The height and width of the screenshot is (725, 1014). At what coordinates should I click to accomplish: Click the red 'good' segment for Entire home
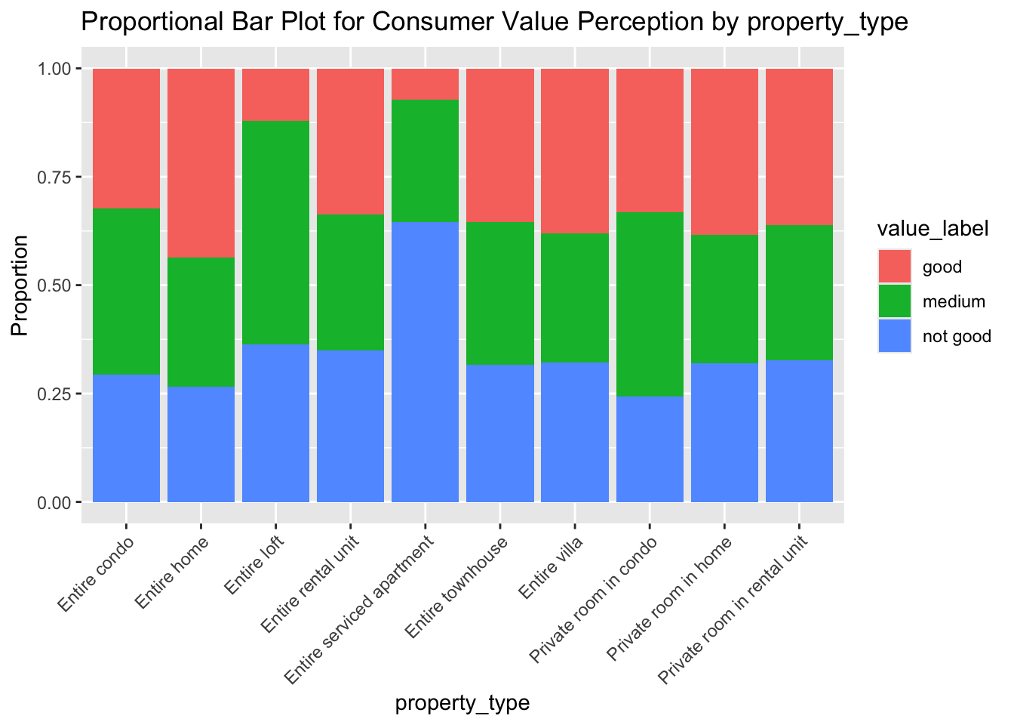coord(201,162)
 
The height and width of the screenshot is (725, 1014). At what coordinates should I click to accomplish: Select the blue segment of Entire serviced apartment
coord(425,361)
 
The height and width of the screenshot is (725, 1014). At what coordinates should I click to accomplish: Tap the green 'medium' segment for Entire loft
coord(275,232)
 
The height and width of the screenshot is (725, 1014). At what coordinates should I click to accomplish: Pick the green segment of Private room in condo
coord(650,304)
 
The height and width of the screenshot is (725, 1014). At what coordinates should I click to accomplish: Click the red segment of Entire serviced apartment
coord(425,83)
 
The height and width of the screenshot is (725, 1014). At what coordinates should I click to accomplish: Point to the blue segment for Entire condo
coord(126,437)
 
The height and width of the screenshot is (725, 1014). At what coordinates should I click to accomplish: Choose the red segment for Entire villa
coord(575,150)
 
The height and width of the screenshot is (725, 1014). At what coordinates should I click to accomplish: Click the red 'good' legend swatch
coord(894,267)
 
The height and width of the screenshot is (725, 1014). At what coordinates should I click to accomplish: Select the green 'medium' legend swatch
coord(894,301)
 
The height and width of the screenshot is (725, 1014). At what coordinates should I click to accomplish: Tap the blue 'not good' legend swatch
coord(894,336)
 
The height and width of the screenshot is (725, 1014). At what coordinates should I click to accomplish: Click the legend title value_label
coord(932,230)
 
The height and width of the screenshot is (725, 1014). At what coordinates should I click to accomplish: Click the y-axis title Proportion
coord(20,285)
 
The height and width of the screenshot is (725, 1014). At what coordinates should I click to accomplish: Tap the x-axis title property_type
coord(462,703)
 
